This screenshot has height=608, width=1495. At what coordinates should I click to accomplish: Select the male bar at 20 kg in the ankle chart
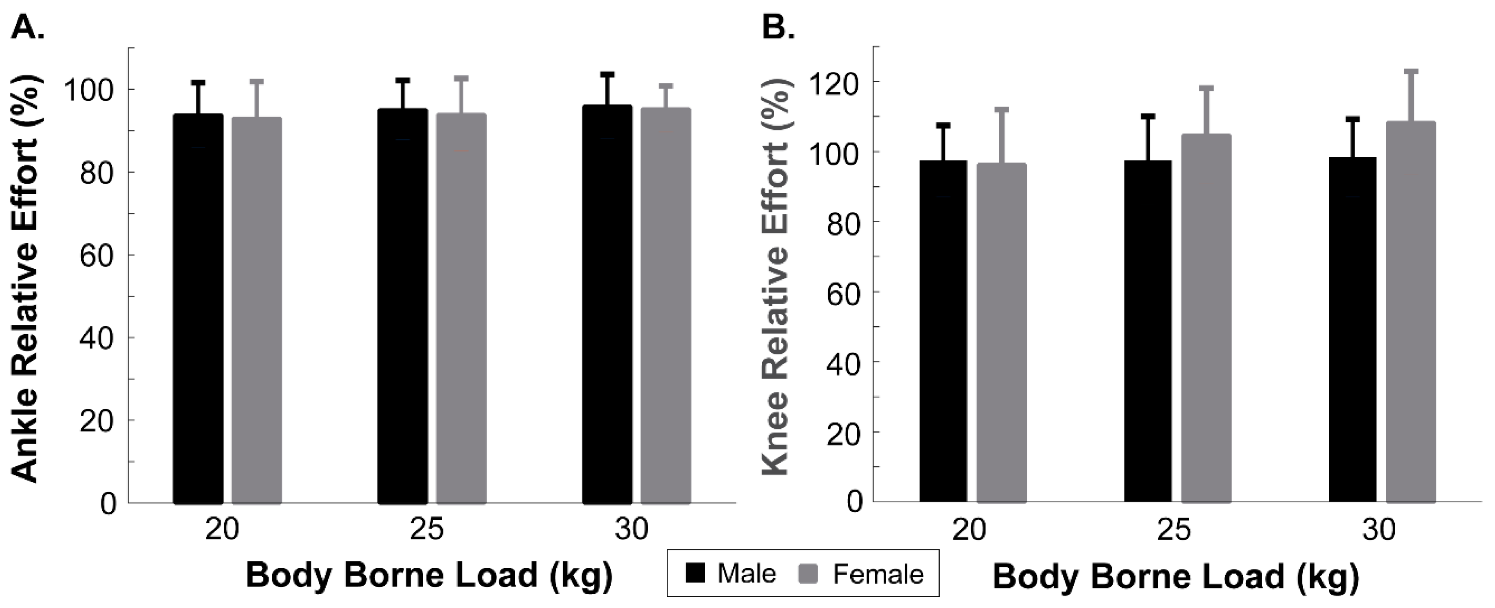pos(198,308)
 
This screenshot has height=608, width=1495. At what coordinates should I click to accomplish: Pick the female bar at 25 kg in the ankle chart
pos(461,308)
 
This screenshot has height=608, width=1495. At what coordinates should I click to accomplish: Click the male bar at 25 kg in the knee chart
pos(1148,331)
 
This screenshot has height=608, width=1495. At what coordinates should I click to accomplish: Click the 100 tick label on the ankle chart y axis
pos(90,90)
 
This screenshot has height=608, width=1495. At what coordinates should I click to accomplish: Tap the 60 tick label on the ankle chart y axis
pos(96,255)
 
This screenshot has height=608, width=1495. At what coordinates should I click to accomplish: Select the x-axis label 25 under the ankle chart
pos(427,529)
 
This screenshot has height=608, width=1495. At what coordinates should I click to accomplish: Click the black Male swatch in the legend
pos(695,573)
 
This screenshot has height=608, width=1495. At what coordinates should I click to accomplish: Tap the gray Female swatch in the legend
pos(808,573)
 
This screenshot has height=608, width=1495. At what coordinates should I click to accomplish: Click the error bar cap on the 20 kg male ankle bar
pos(198,83)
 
